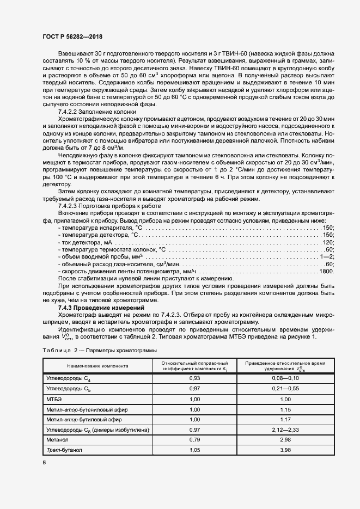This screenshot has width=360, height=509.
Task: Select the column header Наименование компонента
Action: (94, 366)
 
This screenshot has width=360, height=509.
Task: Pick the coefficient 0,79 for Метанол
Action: (194, 440)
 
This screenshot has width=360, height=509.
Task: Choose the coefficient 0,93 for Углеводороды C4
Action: (194, 378)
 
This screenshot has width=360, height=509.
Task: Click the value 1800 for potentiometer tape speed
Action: (326, 271)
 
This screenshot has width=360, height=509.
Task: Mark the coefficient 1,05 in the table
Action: (194, 450)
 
